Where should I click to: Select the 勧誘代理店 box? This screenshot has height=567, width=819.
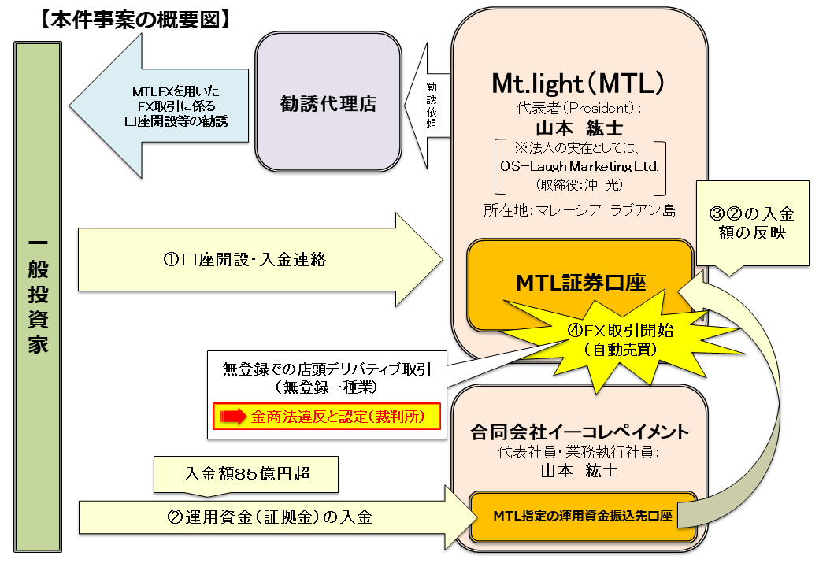click(328, 103)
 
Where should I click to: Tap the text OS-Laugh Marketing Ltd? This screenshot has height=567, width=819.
click(580, 167)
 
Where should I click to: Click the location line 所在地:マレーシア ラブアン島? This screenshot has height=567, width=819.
click(580, 210)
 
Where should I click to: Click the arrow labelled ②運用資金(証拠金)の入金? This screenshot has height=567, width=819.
click(268, 517)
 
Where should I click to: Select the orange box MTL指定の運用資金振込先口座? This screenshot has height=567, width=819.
click(583, 517)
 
